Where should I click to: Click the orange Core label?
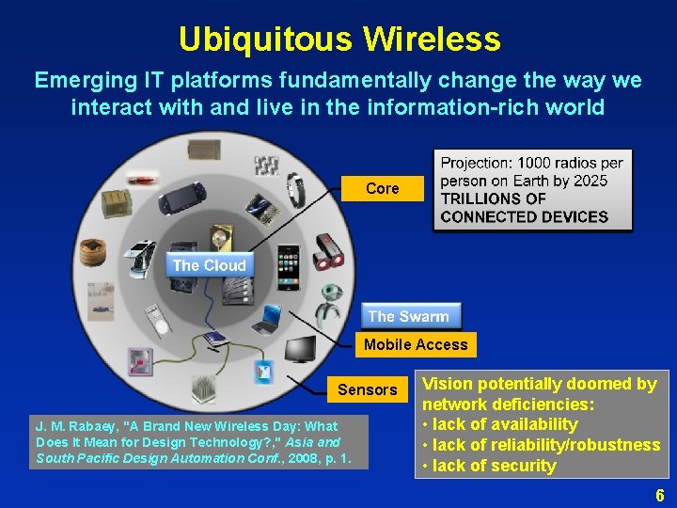point(382,188)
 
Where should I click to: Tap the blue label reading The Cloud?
point(209,265)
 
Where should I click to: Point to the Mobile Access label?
point(416,344)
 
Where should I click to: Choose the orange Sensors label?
point(367,389)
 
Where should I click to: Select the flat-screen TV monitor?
point(301,348)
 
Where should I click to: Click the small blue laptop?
point(270,318)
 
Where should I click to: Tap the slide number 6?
point(659,496)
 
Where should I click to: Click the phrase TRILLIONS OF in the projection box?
point(493,198)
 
